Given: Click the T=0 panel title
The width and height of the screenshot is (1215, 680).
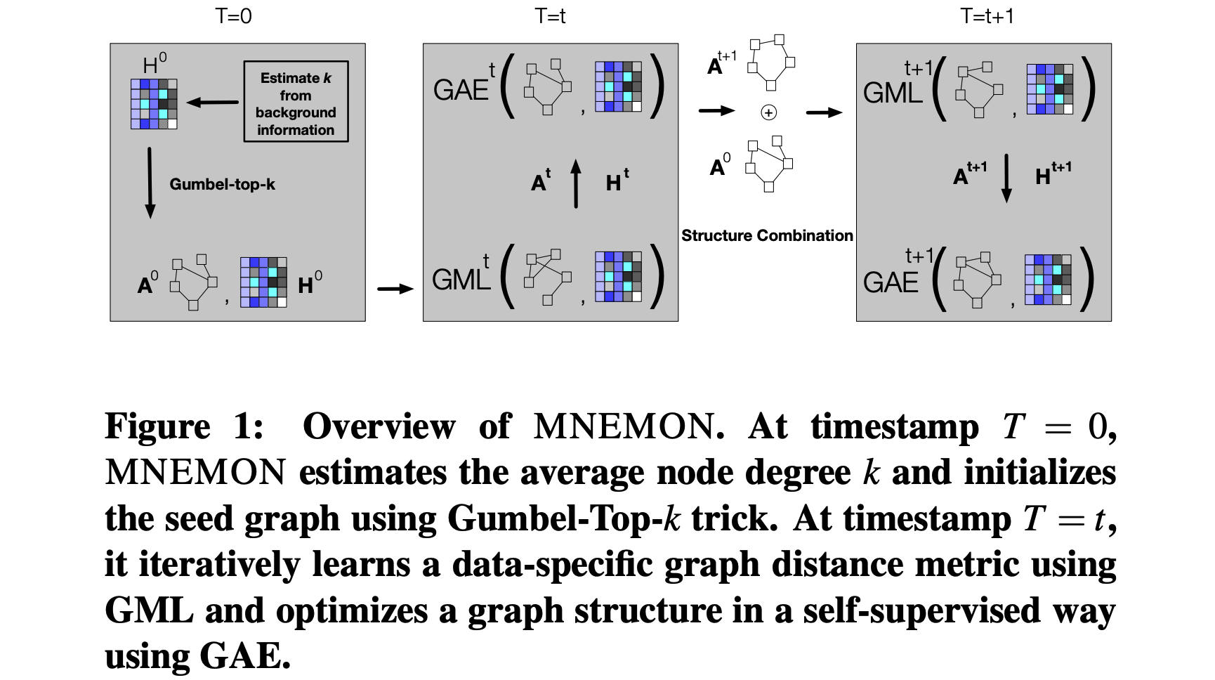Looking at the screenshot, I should [233, 15].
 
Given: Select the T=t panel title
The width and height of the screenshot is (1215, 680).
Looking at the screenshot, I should [550, 15].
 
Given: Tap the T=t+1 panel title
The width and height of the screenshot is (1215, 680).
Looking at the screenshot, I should [987, 15].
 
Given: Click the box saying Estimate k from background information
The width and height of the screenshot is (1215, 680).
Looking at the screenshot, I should [296, 103].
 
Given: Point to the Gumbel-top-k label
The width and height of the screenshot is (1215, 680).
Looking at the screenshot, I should [222, 184].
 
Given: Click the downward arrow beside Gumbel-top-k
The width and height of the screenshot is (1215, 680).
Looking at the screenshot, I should [150, 182].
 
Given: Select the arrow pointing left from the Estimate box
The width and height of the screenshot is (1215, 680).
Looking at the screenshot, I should [213, 103].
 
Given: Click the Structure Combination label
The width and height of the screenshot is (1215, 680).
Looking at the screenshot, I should [767, 236].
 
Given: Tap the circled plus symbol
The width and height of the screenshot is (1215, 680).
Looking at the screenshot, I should [769, 112].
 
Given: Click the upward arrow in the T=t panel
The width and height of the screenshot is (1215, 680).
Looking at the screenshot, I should [576, 183].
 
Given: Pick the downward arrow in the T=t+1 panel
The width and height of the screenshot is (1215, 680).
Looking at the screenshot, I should [1006, 178].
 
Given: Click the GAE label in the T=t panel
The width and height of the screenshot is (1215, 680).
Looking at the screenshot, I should [461, 90].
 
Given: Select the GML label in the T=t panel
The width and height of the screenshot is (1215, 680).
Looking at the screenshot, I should [461, 279].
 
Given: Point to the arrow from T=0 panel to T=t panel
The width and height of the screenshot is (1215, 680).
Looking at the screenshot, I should [395, 289].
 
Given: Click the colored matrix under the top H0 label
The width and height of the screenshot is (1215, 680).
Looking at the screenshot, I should [154, 104].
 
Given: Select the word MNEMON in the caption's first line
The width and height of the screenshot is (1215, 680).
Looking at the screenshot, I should [623, 426].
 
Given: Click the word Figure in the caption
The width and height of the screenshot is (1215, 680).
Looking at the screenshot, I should [157, 426].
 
